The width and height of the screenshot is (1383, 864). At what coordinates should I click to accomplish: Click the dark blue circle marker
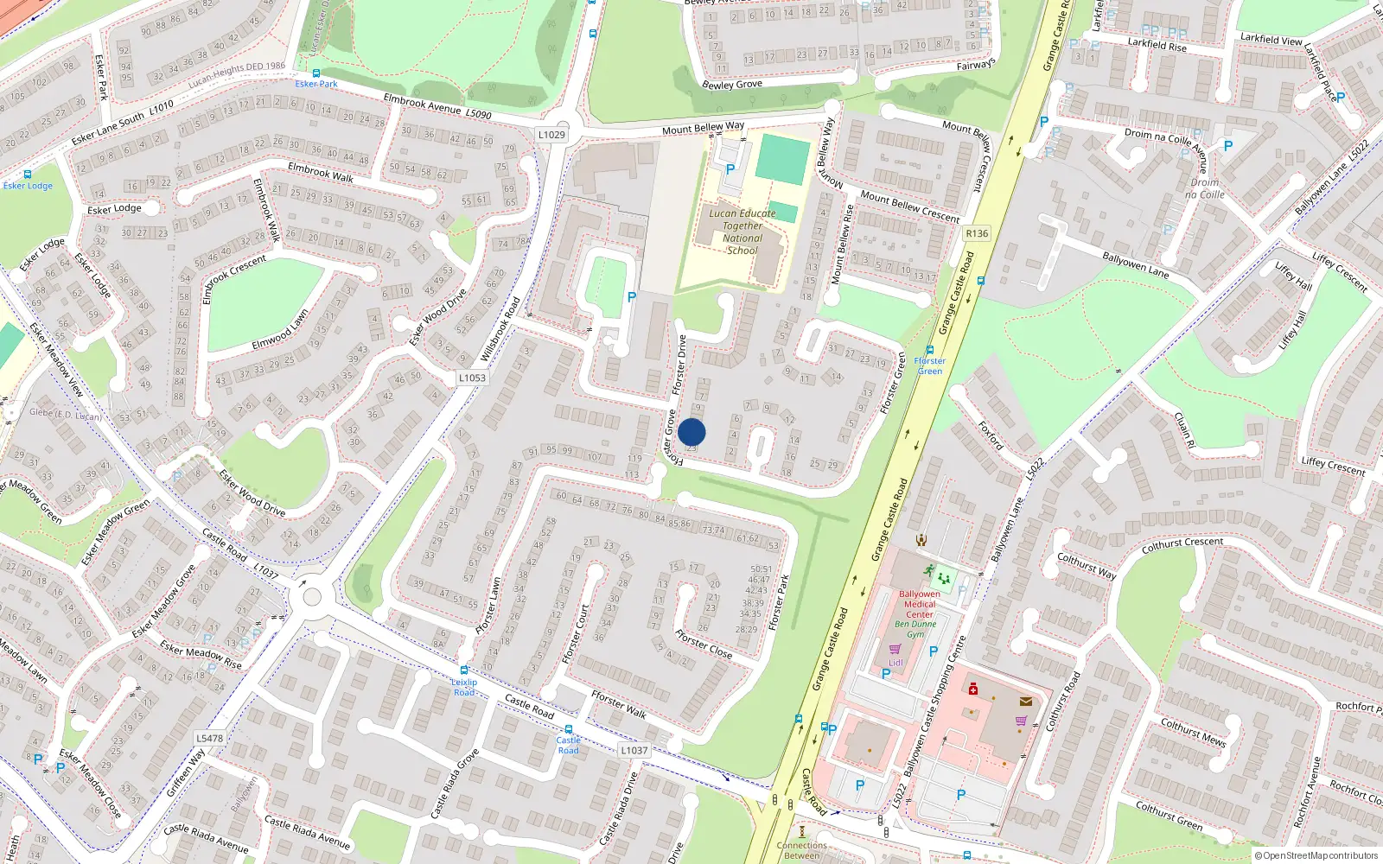point(691,432)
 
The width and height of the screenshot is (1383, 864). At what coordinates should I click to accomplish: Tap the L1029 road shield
point(551,135)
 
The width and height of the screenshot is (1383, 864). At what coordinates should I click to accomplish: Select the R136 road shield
point(977,234)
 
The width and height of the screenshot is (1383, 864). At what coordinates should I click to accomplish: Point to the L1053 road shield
point(472,378)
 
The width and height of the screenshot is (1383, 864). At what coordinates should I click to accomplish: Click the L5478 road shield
point(209,739)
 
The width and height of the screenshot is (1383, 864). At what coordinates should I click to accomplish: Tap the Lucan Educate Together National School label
point(742,232)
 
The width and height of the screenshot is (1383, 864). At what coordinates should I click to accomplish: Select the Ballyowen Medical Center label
point(919,604)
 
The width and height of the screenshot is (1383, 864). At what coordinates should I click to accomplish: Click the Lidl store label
point(895,663)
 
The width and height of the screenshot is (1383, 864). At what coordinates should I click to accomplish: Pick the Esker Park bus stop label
point(316,84)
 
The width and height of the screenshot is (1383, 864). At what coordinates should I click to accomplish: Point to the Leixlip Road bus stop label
point(464,687)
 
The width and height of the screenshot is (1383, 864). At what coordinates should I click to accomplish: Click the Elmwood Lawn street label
point(280,331)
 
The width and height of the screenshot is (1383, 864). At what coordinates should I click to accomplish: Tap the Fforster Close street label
point(704,644)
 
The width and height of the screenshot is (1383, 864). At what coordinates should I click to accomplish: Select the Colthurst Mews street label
point(1193,732)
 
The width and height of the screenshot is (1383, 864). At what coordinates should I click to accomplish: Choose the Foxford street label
point(991,435)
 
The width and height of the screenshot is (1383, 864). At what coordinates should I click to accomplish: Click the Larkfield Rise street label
point(1157,43)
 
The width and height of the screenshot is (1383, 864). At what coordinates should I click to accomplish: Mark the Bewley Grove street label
point(732,85)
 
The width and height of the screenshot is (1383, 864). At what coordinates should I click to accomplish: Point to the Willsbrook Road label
point(500,329)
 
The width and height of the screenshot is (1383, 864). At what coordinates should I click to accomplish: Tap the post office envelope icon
point(1026,702)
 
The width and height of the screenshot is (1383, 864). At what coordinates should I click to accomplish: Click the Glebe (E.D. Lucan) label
point(66,414)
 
